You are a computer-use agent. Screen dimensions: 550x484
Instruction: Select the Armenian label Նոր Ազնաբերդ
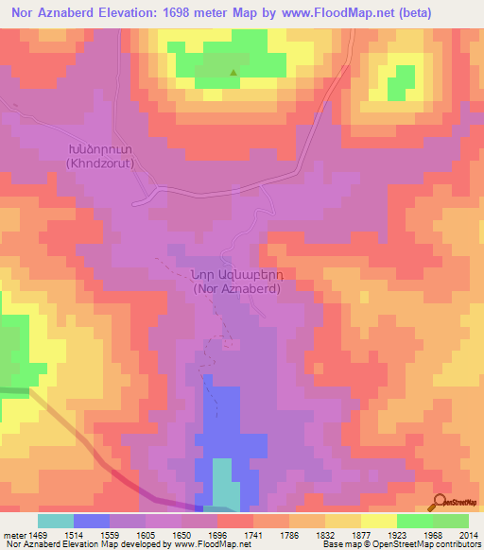tap(235, 275)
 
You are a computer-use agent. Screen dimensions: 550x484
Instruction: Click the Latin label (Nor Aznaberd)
tap(235, 289)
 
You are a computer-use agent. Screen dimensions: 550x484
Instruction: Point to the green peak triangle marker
tap(233, 72)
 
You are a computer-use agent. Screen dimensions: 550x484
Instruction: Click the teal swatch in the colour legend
tap(56, 521)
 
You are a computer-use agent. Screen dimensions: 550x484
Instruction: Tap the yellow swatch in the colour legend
tap(379, 521)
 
